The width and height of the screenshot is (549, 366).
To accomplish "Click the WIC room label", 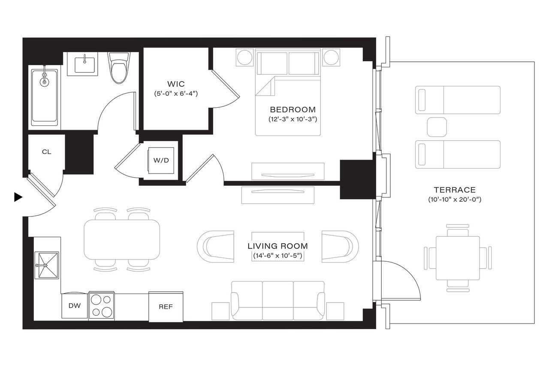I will click(x=175, y=84).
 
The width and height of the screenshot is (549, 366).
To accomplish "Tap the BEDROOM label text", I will click(x=293, y=109).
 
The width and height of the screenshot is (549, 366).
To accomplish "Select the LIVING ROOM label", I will click(x=278, y=246).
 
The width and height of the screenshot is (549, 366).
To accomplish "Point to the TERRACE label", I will click(x=454, y=190).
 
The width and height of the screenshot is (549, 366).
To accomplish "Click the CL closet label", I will click(x=47, y=151).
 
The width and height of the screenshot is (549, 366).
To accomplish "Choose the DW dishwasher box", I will click(x=74, y=306).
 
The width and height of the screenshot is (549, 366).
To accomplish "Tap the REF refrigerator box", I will click(x=166, y=306).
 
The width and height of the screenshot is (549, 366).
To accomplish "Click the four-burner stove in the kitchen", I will click(x=102, y=306).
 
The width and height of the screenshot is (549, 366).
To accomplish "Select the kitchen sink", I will click(x=47, y=266).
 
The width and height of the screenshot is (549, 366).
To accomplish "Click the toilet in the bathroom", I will click(x=118, y=68).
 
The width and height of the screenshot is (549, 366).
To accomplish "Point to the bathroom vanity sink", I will click(x=85, y=64).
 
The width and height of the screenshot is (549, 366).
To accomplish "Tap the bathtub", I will click(x=45, y=97).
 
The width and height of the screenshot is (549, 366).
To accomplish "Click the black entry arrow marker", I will click(x=18, y=197).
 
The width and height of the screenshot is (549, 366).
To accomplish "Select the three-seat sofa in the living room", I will click(x=278, y=300).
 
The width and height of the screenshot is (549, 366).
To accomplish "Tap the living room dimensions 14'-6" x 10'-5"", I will click(x=278, y=256).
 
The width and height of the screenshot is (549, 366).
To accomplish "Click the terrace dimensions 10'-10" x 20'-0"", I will click(x=454, y=200).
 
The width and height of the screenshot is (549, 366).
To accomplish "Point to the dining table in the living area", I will click(x=122, y=239).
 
